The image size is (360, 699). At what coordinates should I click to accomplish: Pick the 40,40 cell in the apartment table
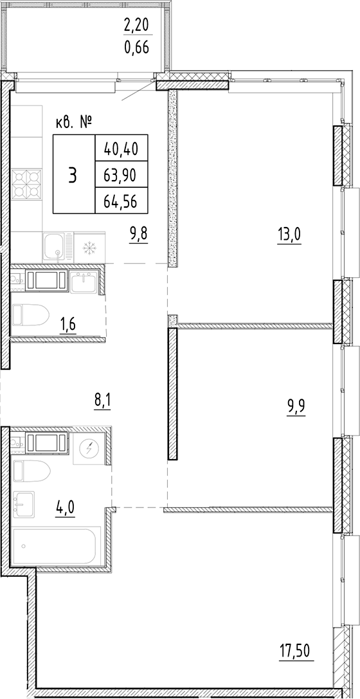coord(121,149)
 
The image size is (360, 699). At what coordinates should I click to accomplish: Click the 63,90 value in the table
coord(121,174)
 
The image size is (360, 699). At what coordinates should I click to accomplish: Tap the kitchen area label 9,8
coord(138,234)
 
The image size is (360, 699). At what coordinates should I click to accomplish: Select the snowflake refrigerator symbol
coord(89,247)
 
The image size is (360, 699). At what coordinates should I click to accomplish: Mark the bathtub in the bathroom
coord(56,546)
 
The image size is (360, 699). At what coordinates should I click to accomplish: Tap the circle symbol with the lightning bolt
coord(89,448)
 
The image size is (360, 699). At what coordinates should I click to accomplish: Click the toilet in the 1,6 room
coord(30,315)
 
